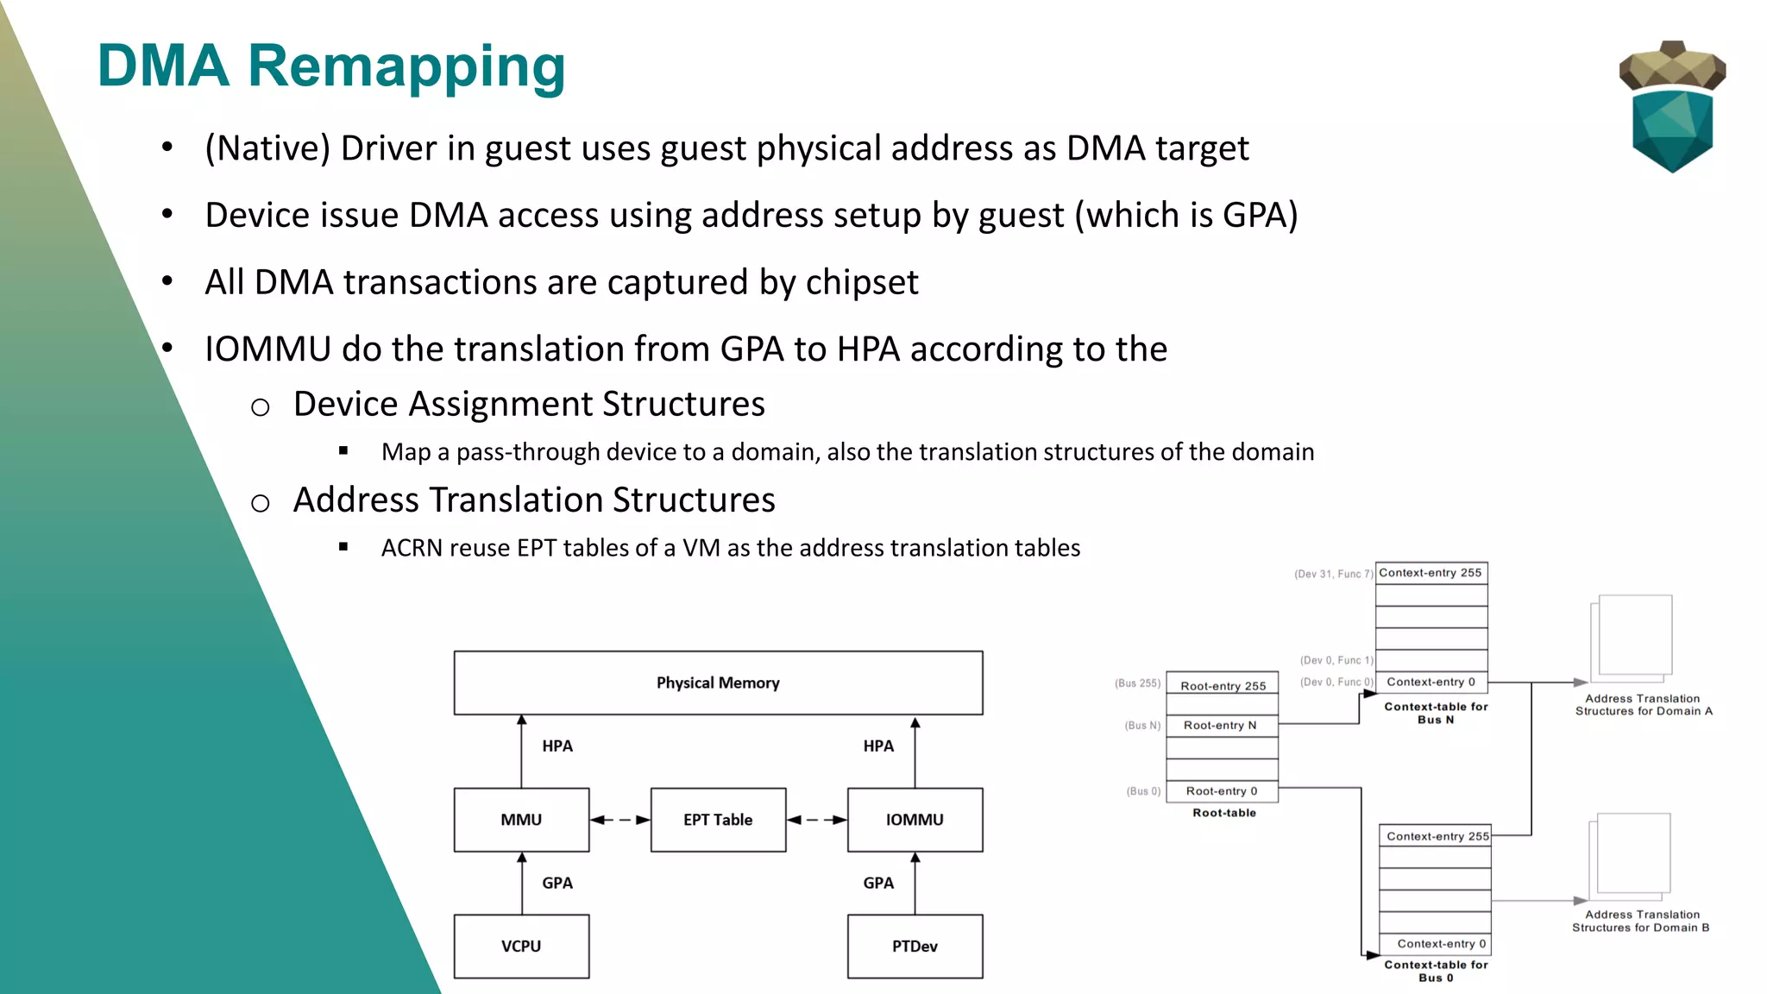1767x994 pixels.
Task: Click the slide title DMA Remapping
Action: click(x=331, y=66)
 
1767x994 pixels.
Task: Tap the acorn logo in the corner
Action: click(x=1672, y=106)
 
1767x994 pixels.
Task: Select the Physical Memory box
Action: click(x=718, y=683)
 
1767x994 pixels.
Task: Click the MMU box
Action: click(x=521, y=820)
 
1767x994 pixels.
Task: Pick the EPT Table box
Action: click(x=718, y=820)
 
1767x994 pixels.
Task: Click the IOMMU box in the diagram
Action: click(x=915, y=820)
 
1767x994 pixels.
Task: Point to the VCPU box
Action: click(x=521, y=947)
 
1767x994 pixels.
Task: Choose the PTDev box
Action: click(x=915, y=947)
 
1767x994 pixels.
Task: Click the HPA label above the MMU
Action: click(x=557, y=746)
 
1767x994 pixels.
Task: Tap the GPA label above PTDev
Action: click(x=878, y=883)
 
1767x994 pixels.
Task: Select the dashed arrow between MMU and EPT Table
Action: click(x=620, y=820)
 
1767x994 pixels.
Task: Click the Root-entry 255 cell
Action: click(x=1223, y=686)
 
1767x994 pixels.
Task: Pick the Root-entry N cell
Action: click(x=1220, y=726)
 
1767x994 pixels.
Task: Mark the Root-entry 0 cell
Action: click(x=1222, y=791)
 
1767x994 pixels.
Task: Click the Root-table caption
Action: click(x=1224, y=813)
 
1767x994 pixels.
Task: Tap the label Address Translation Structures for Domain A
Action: click(x=1643, y=705)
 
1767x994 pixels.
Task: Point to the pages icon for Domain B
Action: click(x=1630, y=855)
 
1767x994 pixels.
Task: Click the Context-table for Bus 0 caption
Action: click(x=1436, y=971)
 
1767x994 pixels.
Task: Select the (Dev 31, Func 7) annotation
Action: click(x=1333, y=574)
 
